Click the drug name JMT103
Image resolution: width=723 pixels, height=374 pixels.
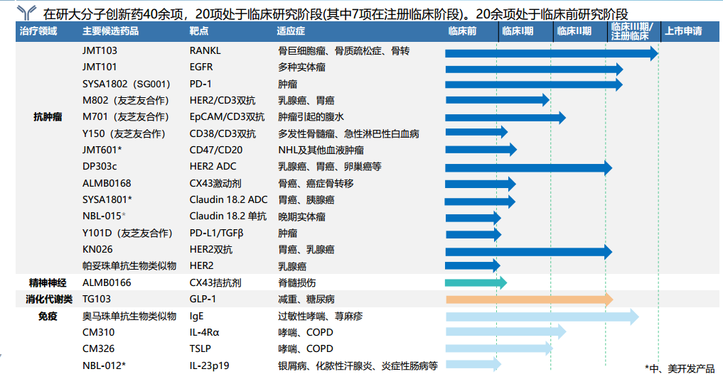[100, 51]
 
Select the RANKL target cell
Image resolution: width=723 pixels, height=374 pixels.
[205, 51]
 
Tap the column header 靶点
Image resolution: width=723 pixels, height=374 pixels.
[199, 31]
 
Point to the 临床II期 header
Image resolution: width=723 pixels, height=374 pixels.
[574, 31]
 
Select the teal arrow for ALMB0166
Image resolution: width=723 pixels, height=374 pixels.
[475, 282]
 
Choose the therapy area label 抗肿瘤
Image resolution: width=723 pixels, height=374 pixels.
[48, 116]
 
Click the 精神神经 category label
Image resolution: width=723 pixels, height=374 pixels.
[48, 282]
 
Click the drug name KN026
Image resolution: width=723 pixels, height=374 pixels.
[97, 249]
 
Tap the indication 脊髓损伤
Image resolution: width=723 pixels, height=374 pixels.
[296, 282]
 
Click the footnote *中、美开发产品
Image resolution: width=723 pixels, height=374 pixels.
[680, 367]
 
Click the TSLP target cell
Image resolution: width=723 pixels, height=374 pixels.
[201, 348]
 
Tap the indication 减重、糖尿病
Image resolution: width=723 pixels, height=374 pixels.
[306, 299]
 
